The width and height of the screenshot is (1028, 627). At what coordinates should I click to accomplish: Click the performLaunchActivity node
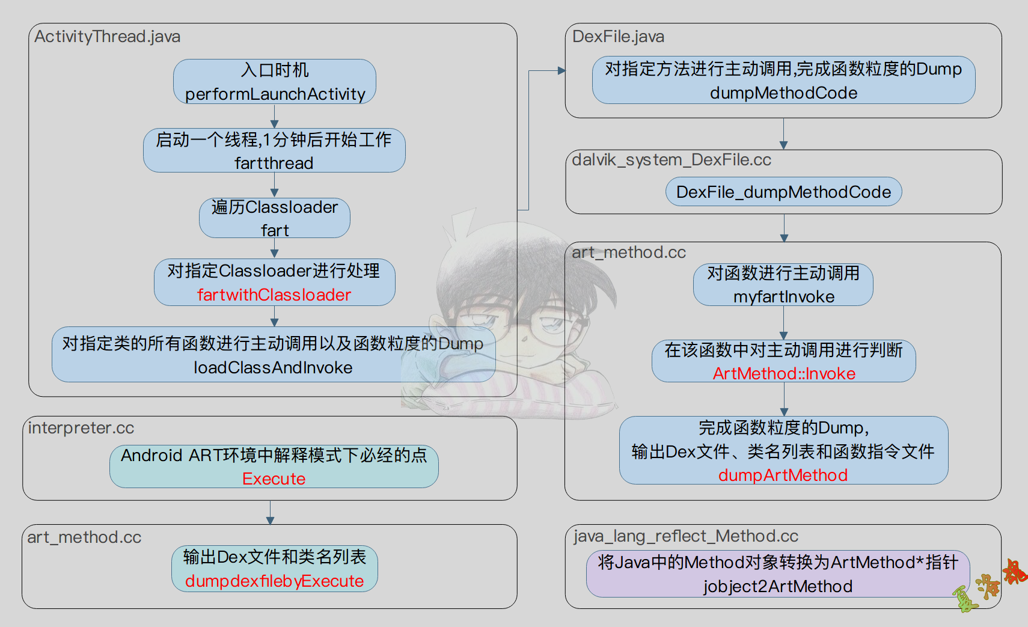point(275,94)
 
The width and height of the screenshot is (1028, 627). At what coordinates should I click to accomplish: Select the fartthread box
point(274,163)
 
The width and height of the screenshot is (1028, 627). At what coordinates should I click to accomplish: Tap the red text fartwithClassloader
point(274,295)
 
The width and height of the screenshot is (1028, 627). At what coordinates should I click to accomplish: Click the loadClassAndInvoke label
point(273,367)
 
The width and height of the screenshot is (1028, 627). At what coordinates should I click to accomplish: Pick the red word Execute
point(274,479)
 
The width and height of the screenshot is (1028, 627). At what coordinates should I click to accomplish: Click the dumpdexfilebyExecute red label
point(274,581)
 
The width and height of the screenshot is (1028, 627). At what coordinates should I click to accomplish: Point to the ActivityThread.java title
point(107,37)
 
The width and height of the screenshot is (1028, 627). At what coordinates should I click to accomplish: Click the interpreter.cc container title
point(81,428)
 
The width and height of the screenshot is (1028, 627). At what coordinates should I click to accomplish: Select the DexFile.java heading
point(618,37)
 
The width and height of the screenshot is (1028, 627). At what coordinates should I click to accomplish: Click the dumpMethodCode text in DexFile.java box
point(783,93)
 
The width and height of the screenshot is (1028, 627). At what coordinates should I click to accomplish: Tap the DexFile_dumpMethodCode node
point(783,192)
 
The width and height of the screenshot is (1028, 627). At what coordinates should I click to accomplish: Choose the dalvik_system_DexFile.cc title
point(672,160)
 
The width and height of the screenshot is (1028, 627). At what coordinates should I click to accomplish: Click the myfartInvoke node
point(783,296)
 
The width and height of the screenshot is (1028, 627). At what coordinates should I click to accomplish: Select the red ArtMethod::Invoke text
point(783,373)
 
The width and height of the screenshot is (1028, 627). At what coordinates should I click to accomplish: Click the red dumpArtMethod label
point(783,475)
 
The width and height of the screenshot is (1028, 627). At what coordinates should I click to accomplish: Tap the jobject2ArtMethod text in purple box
point(778,586)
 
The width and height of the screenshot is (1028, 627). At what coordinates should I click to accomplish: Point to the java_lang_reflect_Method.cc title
point(686,536)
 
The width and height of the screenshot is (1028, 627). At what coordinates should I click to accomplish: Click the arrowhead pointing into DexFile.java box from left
point(561,70)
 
